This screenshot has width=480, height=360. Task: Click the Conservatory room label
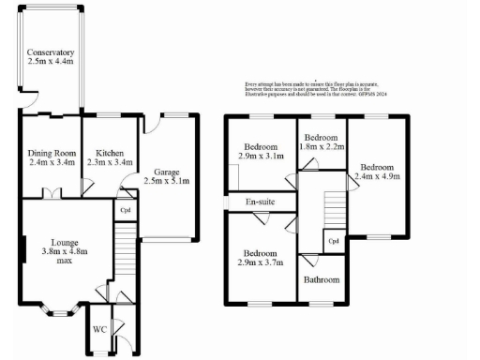(x=51, y=52)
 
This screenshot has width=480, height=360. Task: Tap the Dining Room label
(x=51, y=153)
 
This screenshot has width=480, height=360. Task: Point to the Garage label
(x=166, y=171)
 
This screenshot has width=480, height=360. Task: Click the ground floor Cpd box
(x=126, y=210)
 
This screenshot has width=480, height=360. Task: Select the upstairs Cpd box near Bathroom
(x=333, y=241)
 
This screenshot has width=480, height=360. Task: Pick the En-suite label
(x=260, y=202)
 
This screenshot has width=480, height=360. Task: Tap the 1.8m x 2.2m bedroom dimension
(x=322, y=147)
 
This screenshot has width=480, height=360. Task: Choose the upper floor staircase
(x=334, y=206)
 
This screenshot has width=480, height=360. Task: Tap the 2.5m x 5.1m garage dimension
(x=166, y=181)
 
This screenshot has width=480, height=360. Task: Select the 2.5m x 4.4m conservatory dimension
(x=51, y=63)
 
